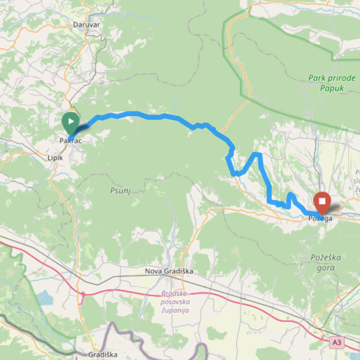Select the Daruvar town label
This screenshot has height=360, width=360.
click(87, 25)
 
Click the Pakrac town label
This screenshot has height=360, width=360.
click(71, 141)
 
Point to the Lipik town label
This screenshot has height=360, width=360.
click(55, 158)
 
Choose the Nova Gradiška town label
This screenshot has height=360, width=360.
click(169, 271)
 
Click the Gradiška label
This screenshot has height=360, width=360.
click(102, 355)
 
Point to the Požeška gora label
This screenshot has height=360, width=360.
click(325, 262)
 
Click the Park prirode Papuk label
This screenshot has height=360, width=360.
click(332, 83)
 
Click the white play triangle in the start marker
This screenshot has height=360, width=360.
click(71, 121)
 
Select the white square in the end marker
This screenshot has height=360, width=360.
click(322, 201)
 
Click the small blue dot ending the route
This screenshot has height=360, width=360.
click(322, 218)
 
